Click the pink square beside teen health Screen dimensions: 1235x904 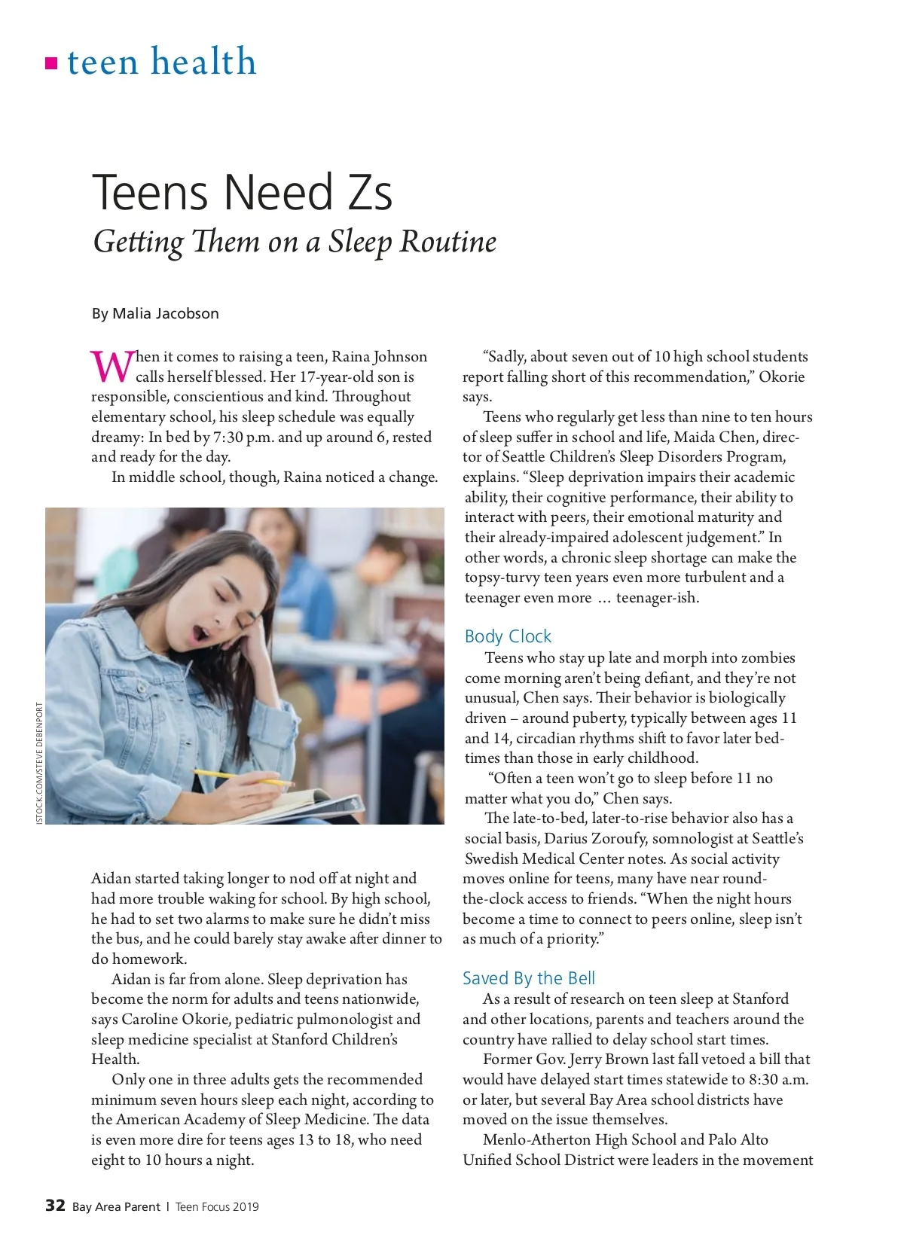51,63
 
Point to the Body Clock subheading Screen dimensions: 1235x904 508,636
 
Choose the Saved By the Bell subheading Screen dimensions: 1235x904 528,978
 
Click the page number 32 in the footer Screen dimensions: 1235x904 55,1206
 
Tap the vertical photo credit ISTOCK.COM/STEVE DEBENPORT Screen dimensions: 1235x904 40,763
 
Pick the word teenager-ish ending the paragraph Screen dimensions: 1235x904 657,598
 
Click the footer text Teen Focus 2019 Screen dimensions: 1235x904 217,1206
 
